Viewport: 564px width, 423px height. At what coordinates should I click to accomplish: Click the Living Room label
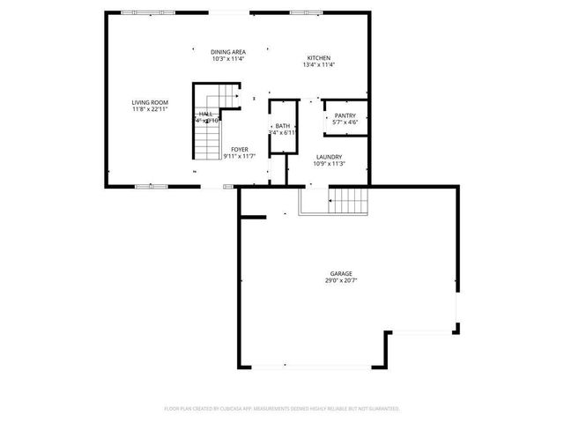tap(150, 102)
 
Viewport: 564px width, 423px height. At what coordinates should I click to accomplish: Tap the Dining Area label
tap(227, 52)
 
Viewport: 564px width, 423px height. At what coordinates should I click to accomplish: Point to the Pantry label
tap(345, 115)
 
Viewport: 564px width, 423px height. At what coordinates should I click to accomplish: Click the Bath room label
tap(282, 126)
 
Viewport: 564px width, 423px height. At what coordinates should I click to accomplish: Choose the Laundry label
tap(329, 157)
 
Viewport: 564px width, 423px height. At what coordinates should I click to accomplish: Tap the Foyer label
tap(239, 150)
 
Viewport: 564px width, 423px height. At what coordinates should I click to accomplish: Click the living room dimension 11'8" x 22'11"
tap(150, 109)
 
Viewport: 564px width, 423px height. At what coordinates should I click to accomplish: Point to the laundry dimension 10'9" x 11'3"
tap(329, 164)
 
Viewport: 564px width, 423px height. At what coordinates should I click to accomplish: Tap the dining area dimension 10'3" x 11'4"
tap(227, 59)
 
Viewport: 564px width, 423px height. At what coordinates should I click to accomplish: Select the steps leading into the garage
tap(348, 202)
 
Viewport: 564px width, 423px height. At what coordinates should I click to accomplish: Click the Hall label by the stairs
tap(206, 114)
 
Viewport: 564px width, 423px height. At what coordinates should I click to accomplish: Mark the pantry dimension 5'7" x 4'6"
tap(345, 122)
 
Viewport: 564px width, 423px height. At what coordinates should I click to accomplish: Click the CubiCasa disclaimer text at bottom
tap(282, 409)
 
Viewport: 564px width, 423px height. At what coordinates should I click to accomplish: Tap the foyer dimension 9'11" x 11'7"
tap(239, 157)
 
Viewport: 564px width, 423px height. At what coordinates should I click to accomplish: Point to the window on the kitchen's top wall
tap(303, 12)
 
